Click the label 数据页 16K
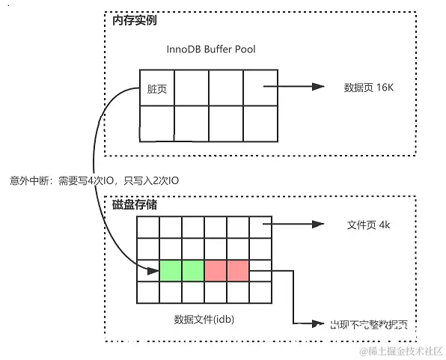tap(367, 87)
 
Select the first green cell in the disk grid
tap(170, 270)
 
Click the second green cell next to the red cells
tap(192, 270)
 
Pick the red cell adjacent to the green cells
tap(215, 270)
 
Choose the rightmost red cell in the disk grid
tap(237, 270)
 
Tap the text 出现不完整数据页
tap(371, 324)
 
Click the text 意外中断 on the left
tap(28, 180)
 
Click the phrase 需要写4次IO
tap(87, 180)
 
